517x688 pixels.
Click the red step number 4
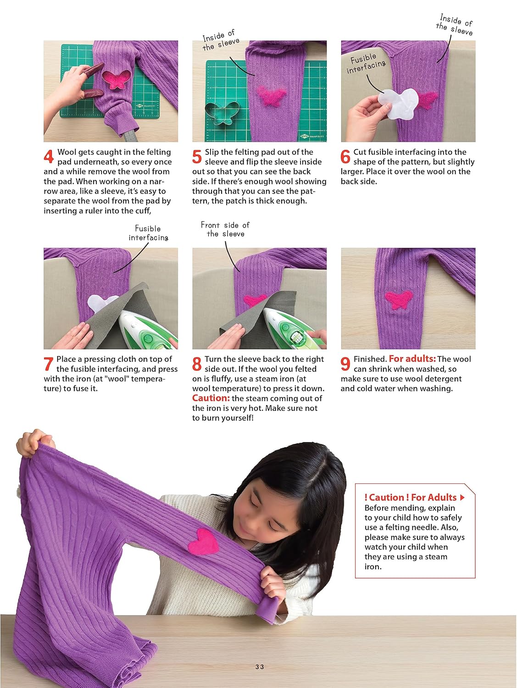[x=49, y=156]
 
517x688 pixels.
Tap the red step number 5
[x=197, y=156]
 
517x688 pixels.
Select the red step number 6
[x=345, y=156]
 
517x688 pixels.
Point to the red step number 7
[x=48, y=364]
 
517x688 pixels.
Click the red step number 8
[x=197, y=364]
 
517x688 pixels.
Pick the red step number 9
[x=345, y=364]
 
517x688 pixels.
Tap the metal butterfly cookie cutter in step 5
[x=222, y=113]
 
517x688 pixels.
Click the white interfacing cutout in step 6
[x=398, y=104]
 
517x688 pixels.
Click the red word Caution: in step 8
[x=211, y=398]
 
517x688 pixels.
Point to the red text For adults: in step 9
[x=412, y=359]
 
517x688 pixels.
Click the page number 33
[x=260, y=667]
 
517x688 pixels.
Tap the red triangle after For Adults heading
[x=461, y=498]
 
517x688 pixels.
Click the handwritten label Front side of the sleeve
[x=225, y=229]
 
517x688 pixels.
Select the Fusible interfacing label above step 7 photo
[x=148, y=233]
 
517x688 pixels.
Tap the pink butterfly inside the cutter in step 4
[x=117, y=79]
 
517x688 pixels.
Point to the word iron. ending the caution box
[x=373, y=567]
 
